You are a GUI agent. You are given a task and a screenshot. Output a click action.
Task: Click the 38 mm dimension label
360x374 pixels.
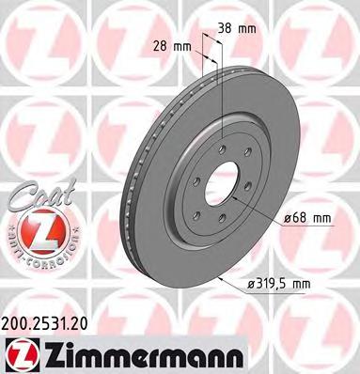tap(236, 28)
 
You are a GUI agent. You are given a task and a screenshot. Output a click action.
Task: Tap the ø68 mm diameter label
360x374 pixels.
tap(307, 218)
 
